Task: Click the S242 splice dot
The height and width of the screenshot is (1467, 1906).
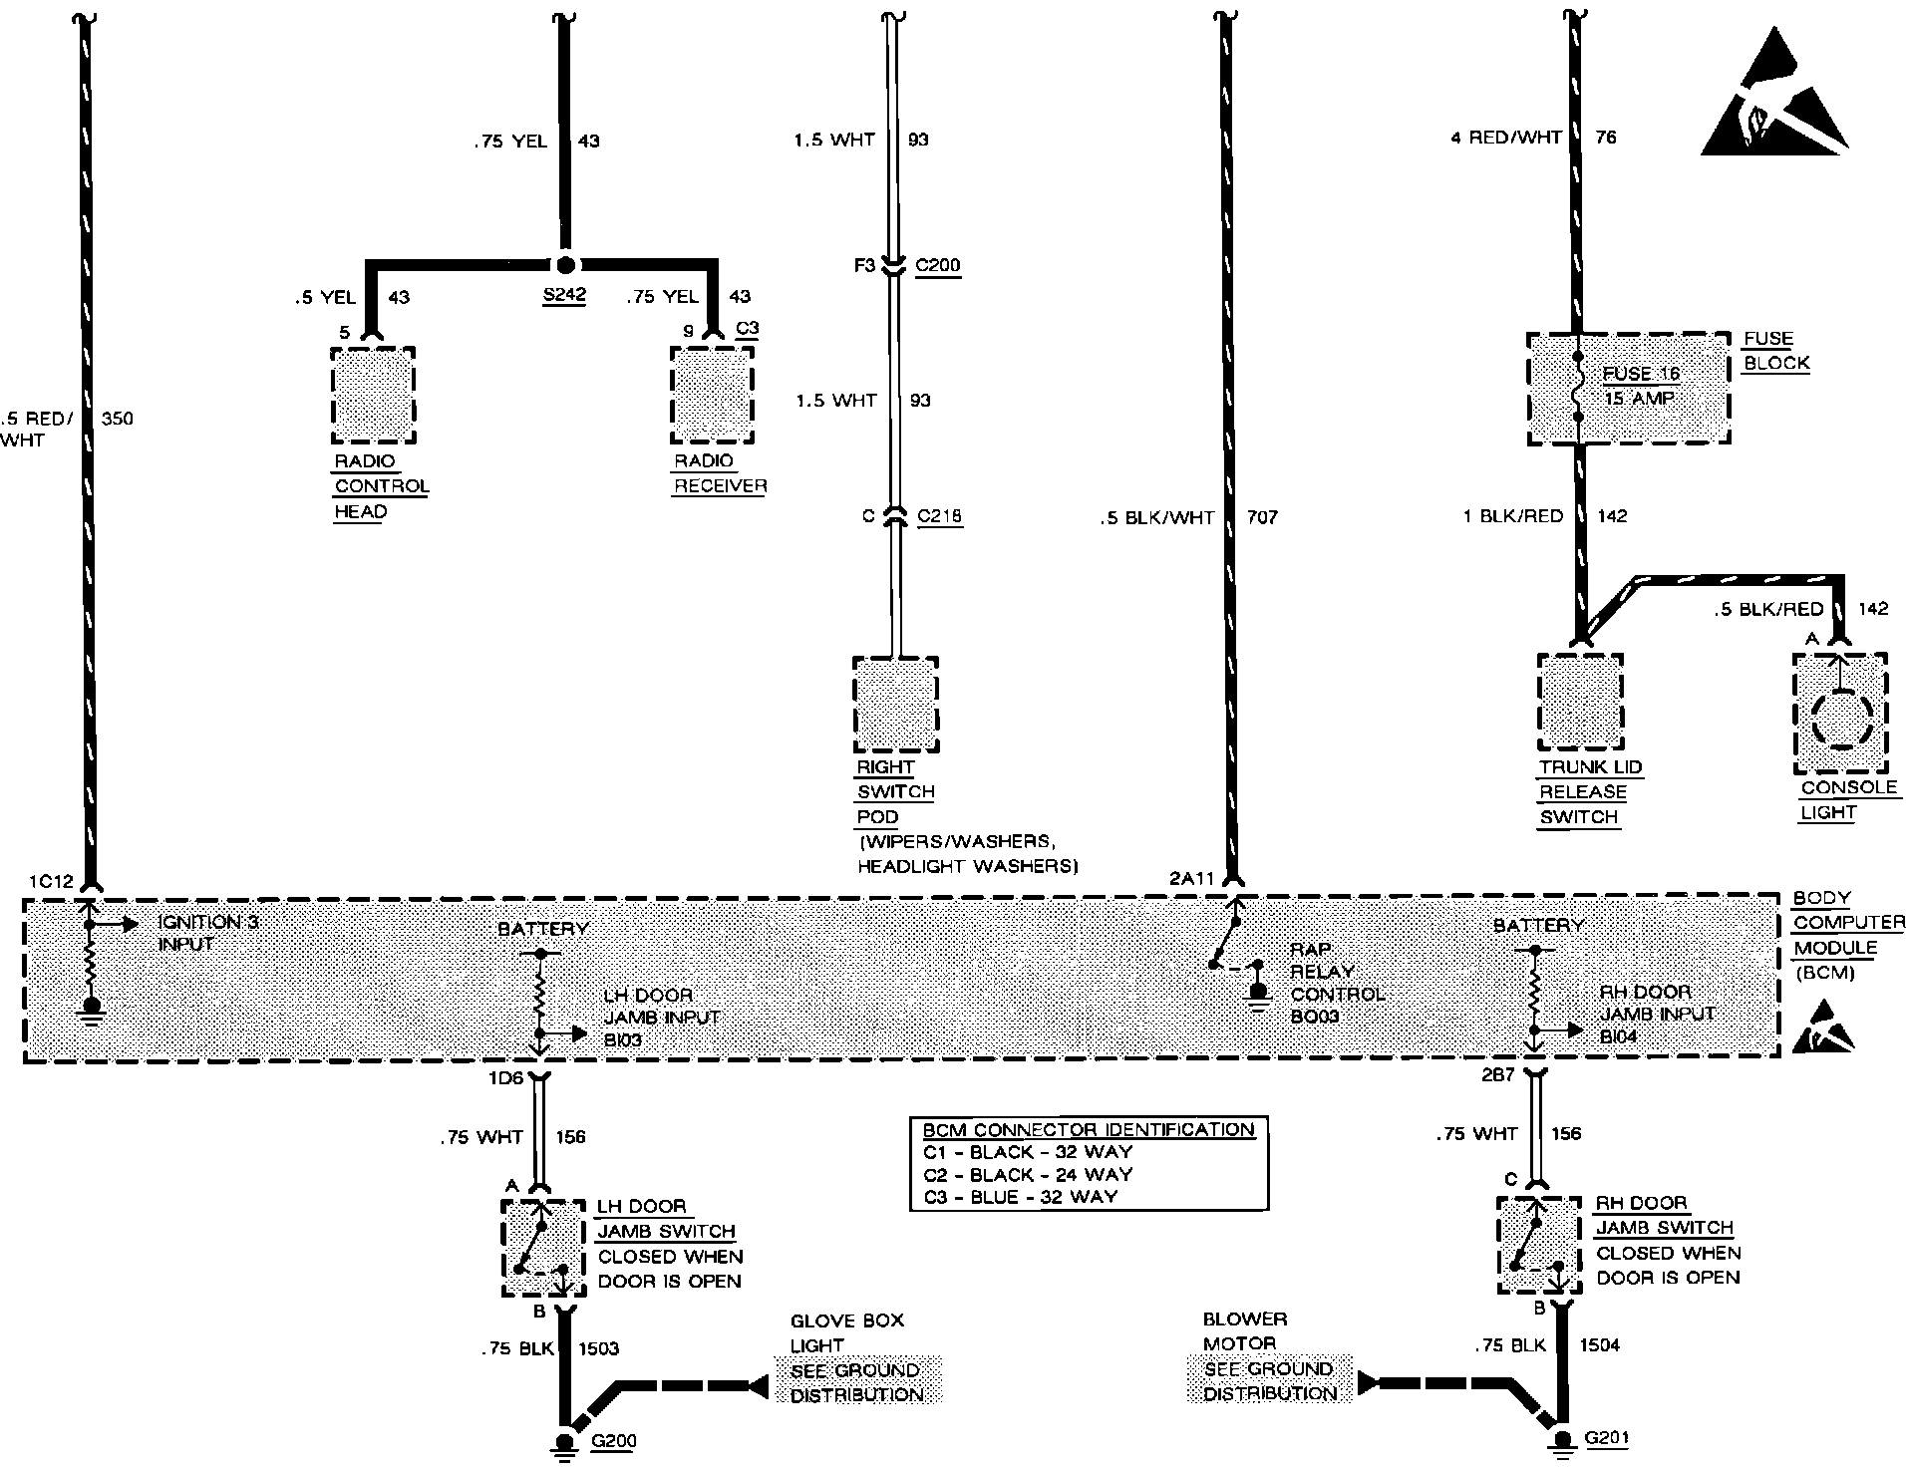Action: click(565, 265)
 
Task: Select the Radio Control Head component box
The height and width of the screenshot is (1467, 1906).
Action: click(373, 395)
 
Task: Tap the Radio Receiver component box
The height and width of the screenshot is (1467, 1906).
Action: click(711, 395)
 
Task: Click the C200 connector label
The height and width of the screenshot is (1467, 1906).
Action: click(938, 266)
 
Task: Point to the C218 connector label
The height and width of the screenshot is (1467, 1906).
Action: click(939, 516)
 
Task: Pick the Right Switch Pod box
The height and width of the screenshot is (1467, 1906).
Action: click(895, 705)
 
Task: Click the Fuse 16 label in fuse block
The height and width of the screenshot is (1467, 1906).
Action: click(1641, 375)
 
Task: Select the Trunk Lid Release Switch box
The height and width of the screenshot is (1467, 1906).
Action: click(1579, 702)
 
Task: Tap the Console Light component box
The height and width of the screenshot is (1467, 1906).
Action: click(1839, 713)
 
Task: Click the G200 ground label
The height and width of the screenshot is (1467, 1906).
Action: click(613, 1441)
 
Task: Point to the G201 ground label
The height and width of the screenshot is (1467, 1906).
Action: click(1607, 1438)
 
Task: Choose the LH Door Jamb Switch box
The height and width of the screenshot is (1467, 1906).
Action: click(542, 1248)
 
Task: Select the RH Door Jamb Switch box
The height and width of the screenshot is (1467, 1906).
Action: click(1538, 1245)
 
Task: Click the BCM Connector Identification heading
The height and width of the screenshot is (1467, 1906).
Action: click(1089, 1130)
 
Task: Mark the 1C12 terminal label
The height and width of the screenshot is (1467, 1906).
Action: click(51, 881)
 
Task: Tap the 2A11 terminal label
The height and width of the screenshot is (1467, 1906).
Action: click(1192, 879)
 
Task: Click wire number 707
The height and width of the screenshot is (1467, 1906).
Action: click(1262, 517)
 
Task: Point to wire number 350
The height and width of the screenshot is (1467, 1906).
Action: click(117, 419)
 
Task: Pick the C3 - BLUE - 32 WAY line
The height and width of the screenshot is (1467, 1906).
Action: click(1021, 1196)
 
